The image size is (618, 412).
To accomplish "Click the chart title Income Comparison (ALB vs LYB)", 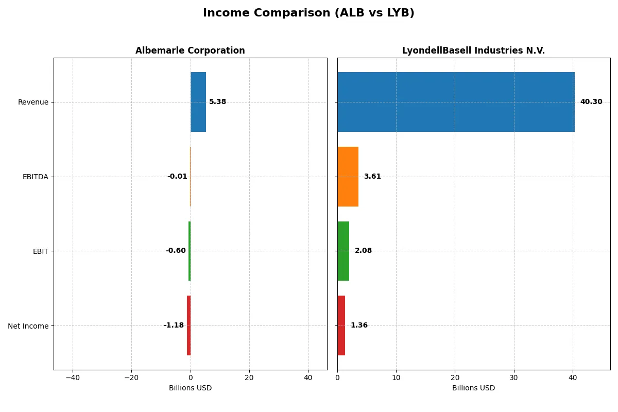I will (308, 13).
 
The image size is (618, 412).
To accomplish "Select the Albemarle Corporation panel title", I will (190, 50).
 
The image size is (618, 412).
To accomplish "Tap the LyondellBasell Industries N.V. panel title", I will (473, 50).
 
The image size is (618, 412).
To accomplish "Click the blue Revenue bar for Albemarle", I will (198, 102).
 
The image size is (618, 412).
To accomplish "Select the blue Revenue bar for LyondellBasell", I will (456, 102).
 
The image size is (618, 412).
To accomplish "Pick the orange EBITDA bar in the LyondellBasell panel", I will (348, 177).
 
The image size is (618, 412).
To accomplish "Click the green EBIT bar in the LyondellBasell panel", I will (343, 251).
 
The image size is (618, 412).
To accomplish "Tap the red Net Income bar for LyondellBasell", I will (341, 325).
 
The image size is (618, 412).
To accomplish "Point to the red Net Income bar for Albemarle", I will (188, 325).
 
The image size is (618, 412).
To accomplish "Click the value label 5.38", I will (217, 102).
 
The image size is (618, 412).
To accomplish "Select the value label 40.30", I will (591, 102).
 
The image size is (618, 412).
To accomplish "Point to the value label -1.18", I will (174, 325).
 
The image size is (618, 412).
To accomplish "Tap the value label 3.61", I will (372, 177).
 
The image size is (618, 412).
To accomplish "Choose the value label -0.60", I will (176, 251).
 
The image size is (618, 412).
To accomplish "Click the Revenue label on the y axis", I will (33, 102).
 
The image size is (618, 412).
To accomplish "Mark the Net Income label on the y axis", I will (28, 325).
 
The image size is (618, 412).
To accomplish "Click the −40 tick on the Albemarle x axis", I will (73, 377).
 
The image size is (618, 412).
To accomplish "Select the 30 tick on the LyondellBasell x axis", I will (513, 377).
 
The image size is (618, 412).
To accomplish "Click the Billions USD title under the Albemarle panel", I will (190, 388).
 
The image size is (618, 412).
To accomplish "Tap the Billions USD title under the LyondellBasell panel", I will (473, 388).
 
